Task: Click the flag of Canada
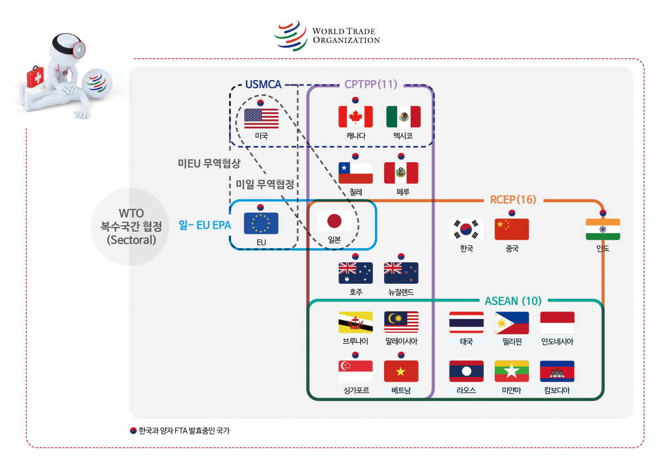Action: pyautogui.click(x=355, y=117)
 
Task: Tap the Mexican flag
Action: pyautogui.click(x=403, y=117)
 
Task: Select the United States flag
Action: pyautogui.click(x=261, y=118)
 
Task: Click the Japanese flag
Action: pyautogui.click(x=333, y=221)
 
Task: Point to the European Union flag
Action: pyautogui.click(x=261, y=223)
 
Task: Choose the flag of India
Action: pyautogui.click(x=603, y=229)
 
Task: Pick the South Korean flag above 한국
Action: pyautogui.click(x=466, y=229)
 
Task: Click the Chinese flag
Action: pyautogui.click(x=511, y=229)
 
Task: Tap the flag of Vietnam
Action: pyautogui.click(x=401, y=371)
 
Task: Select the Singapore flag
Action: pyautogui.click(x=355, y=371)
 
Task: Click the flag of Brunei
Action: pyautogui.click(x=355, y=322)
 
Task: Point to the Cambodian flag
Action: pyautogui.click(x=557, y=371)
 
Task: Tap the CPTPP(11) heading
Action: pyautogui.click(x=371, y=84)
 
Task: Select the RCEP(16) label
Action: pyautogui.click(x=512, y=199)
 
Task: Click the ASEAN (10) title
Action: pyautogui.click(x=512, y=301)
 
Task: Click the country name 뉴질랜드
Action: pyautogui.click(x=401, y=292)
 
